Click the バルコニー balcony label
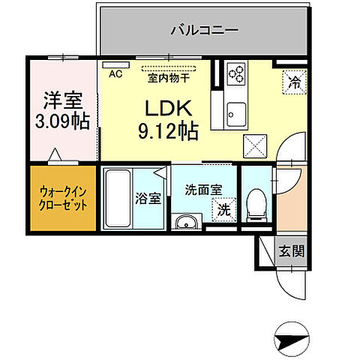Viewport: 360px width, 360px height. coord(204,31)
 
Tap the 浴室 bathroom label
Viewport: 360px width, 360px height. coord(148,199)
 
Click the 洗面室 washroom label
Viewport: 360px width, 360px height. coord(200,190)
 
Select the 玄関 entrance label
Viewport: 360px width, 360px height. coord(292,252)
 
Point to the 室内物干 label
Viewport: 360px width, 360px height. coord(168,76)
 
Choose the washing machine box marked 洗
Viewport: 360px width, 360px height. coord(223,211)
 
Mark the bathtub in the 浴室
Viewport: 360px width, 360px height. coord(117,200)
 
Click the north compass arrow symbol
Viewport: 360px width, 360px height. coord(291,342)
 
